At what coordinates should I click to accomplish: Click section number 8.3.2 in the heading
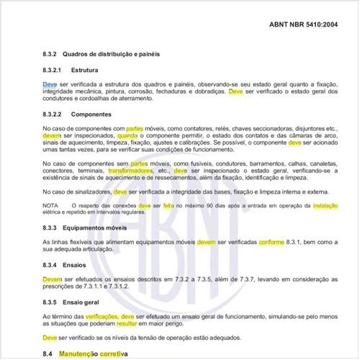[51, 54]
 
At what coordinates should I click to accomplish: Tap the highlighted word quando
[127, 135]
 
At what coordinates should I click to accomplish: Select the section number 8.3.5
[51, 302]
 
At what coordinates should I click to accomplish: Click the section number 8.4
[48, 354]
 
